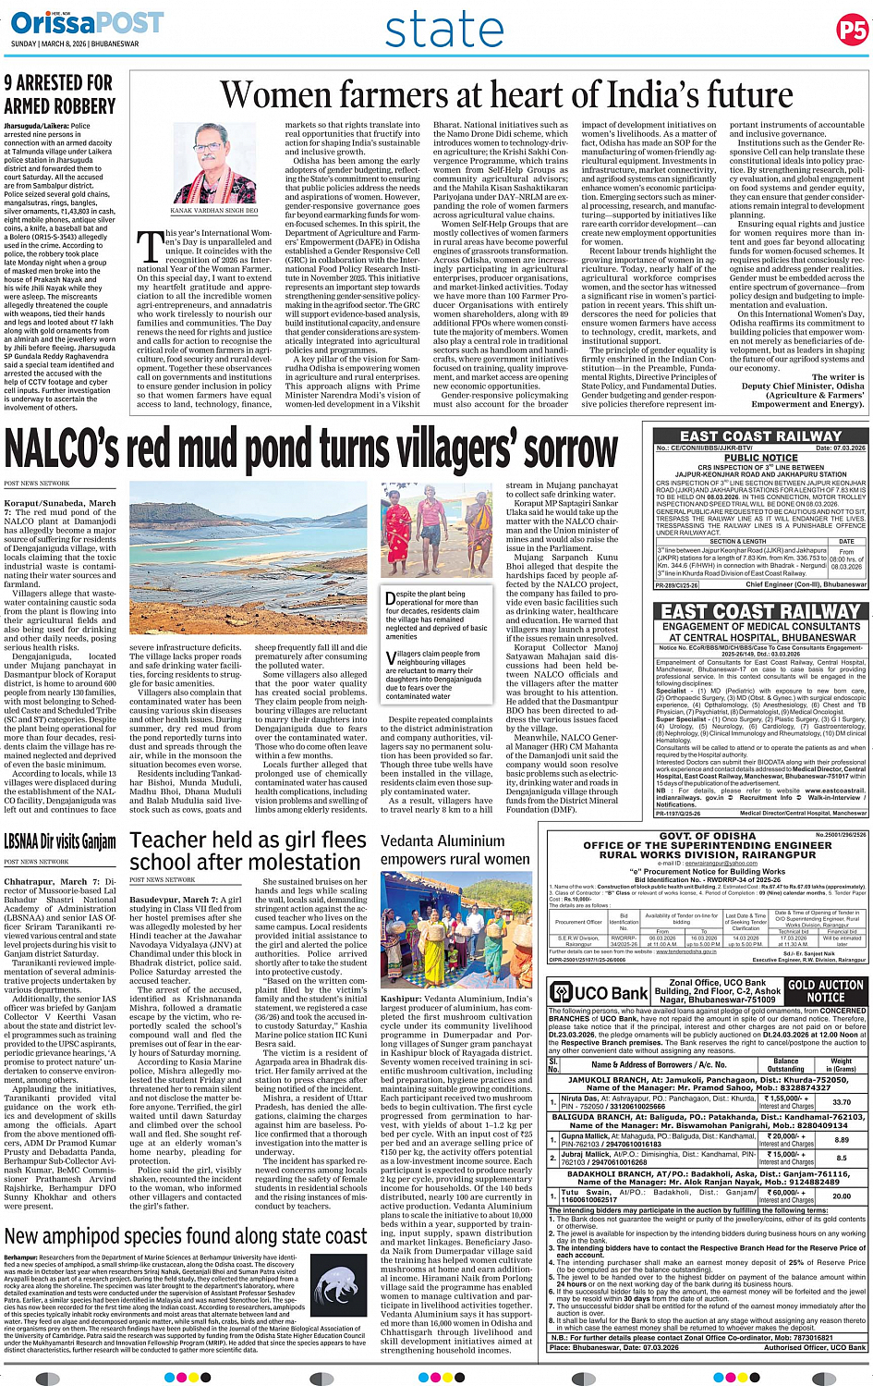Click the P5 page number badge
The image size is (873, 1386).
851,31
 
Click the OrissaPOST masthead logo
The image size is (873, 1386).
88,22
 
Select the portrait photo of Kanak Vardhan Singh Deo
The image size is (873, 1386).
213,163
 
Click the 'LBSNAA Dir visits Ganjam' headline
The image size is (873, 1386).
60,842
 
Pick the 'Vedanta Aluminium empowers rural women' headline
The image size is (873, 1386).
455,850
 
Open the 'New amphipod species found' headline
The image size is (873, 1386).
186,1236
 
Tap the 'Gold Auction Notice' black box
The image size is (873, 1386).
825,991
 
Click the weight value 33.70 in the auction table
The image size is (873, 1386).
841,1102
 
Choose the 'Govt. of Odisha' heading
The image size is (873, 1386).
708,836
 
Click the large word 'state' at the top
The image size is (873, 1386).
445,31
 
